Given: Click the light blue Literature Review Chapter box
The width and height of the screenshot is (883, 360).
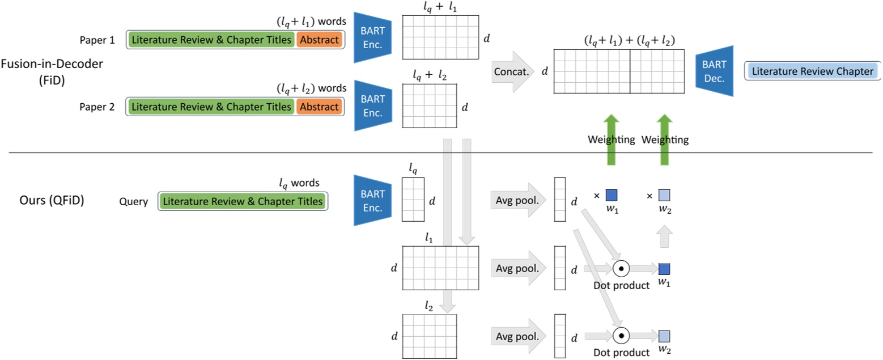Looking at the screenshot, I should tap(812, 71).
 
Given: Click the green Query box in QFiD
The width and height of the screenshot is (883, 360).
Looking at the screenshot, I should tap(243, 201).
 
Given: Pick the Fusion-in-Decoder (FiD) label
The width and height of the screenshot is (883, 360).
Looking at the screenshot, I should tap(52, 71).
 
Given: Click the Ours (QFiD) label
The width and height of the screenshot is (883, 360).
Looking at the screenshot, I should tap(52, 201).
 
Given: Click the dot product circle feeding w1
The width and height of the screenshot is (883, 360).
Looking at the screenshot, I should tap(621, 268).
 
